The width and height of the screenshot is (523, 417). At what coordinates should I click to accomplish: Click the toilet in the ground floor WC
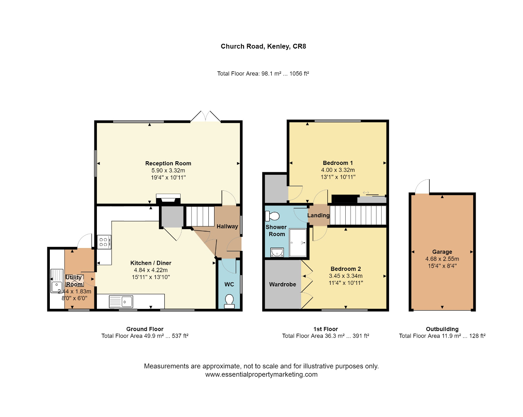(229, 301)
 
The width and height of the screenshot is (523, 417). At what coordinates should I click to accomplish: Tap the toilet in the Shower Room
(272, 216)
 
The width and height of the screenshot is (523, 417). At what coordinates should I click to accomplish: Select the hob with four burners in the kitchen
(104, 242)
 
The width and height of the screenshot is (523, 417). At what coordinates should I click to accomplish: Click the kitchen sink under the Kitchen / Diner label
(121, 302)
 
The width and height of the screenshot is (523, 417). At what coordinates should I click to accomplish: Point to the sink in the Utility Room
(57, 281)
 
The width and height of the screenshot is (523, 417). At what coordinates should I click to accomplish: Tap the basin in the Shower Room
(277, 252)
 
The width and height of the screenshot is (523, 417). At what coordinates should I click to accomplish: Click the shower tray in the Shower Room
(298, 242)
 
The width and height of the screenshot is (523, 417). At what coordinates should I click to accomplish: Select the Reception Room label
(168, 163)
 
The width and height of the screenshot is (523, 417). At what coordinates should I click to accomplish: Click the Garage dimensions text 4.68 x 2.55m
(442, 259)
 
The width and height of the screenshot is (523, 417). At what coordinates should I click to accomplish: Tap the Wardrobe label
(282, 284)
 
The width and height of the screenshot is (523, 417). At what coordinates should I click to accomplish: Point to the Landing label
(318, 215)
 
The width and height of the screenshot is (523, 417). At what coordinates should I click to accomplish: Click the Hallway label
(227, 226)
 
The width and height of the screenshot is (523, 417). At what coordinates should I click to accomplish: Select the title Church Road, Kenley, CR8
(263, 46)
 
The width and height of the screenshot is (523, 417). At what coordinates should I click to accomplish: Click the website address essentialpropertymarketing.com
(261, 374)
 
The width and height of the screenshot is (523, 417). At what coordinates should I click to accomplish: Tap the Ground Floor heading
(145, 329)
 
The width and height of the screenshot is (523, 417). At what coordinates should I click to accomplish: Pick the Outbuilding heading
(442, 329)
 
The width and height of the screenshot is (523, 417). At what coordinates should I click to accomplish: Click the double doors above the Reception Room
(206, 116)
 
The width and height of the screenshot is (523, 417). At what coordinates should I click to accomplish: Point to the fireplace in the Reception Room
(168, 199)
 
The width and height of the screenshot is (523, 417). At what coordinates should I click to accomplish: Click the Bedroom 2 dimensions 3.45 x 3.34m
(346, 276)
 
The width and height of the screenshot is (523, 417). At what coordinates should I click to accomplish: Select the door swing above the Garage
(422, 187)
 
